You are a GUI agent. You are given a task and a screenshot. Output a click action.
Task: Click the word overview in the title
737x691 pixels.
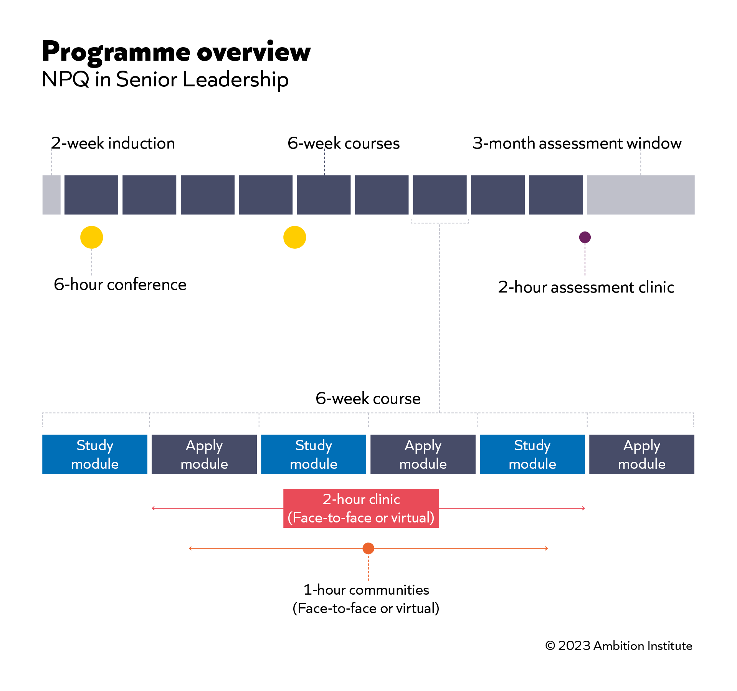point(254,52)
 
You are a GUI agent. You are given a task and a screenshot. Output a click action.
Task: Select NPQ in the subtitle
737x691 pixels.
point(65,79)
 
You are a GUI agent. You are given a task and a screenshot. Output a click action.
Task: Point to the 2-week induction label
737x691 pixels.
point(113,143)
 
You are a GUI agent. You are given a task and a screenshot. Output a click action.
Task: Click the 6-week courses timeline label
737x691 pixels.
point(344,143)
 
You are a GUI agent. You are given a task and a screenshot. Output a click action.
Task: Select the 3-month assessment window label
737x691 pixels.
point(577,143)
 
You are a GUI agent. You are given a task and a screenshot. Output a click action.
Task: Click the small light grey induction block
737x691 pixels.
point(51,195)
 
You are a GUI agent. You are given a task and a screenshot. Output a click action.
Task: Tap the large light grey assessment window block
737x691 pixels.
point(641,195)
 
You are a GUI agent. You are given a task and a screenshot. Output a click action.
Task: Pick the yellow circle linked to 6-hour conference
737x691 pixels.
point(92,237)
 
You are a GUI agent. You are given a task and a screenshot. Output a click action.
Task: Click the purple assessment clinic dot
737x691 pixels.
point(585,237)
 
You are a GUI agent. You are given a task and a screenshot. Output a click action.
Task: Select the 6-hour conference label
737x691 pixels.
point(120,285)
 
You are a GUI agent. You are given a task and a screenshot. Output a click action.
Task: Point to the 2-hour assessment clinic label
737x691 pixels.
point(586,287)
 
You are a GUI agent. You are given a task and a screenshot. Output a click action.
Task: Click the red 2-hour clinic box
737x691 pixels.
point(361,508)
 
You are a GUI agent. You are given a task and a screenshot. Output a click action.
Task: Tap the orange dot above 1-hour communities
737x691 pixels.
point(368,548)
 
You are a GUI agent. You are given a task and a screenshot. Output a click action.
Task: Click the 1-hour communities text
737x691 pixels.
point(366,590)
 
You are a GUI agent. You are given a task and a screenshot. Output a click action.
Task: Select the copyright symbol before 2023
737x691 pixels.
point(550,646)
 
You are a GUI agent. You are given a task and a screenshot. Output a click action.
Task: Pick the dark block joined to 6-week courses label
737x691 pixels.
point(324,195)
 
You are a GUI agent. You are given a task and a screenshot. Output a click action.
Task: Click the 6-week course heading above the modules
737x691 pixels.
point(368,398)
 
